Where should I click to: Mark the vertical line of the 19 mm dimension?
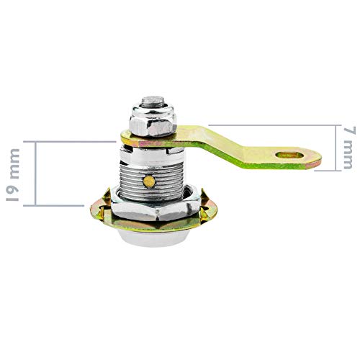(x=33, y=173)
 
